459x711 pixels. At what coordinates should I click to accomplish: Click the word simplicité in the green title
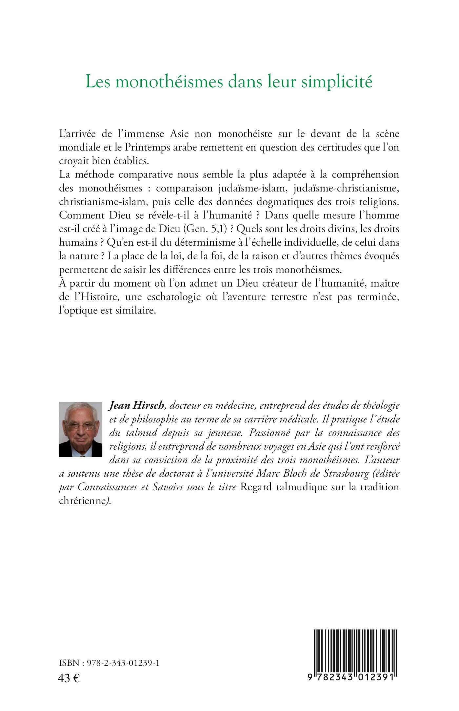pos(337,82)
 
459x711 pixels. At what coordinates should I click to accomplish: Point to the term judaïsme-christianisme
pos(346,188)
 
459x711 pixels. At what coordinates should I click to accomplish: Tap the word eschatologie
pos(174,297)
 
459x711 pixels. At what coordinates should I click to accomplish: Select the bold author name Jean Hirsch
pos(136,406)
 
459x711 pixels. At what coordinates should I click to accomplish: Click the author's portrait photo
pos(81,429)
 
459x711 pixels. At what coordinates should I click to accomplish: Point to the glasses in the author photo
pos(81,426)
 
